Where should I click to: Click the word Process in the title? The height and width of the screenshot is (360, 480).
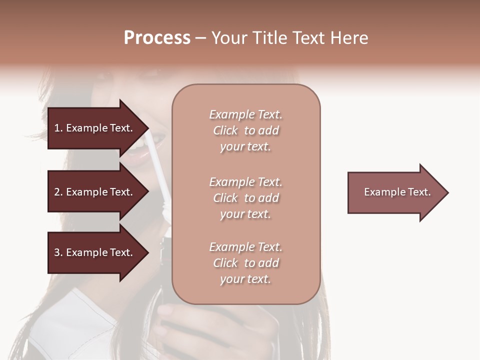coord(157,38)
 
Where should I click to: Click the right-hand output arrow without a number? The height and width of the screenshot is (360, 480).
coord(395,192)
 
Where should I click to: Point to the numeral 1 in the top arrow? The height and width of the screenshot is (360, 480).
coord(56,128)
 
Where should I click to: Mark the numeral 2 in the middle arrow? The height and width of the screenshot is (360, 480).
coord(56,192)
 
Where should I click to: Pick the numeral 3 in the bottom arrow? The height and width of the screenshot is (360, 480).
coord(56,252)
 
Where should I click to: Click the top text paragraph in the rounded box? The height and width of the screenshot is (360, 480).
coord(245,130)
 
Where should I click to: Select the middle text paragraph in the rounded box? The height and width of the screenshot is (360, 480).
coord(245,198)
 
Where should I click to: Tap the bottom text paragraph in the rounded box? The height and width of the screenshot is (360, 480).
coord(245,263)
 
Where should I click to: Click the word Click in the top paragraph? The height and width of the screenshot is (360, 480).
coord(225,130)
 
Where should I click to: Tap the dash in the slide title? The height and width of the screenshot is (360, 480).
coord(200,38)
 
